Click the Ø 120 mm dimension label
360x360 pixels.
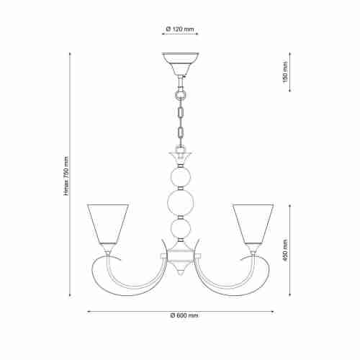tap(180, 30)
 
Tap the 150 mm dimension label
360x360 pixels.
tap(284, 71)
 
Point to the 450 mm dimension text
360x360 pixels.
tap(284, 252)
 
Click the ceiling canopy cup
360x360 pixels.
tap(180, 61)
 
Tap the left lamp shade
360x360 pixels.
tap(107, 223)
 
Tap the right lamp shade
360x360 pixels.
tap(252, 223)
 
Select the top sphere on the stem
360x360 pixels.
tap(180, 176)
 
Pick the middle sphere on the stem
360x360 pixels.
tap(180, 202)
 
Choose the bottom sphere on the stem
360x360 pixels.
tap(180, 230)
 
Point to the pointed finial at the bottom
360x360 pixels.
tap(180, 271)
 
